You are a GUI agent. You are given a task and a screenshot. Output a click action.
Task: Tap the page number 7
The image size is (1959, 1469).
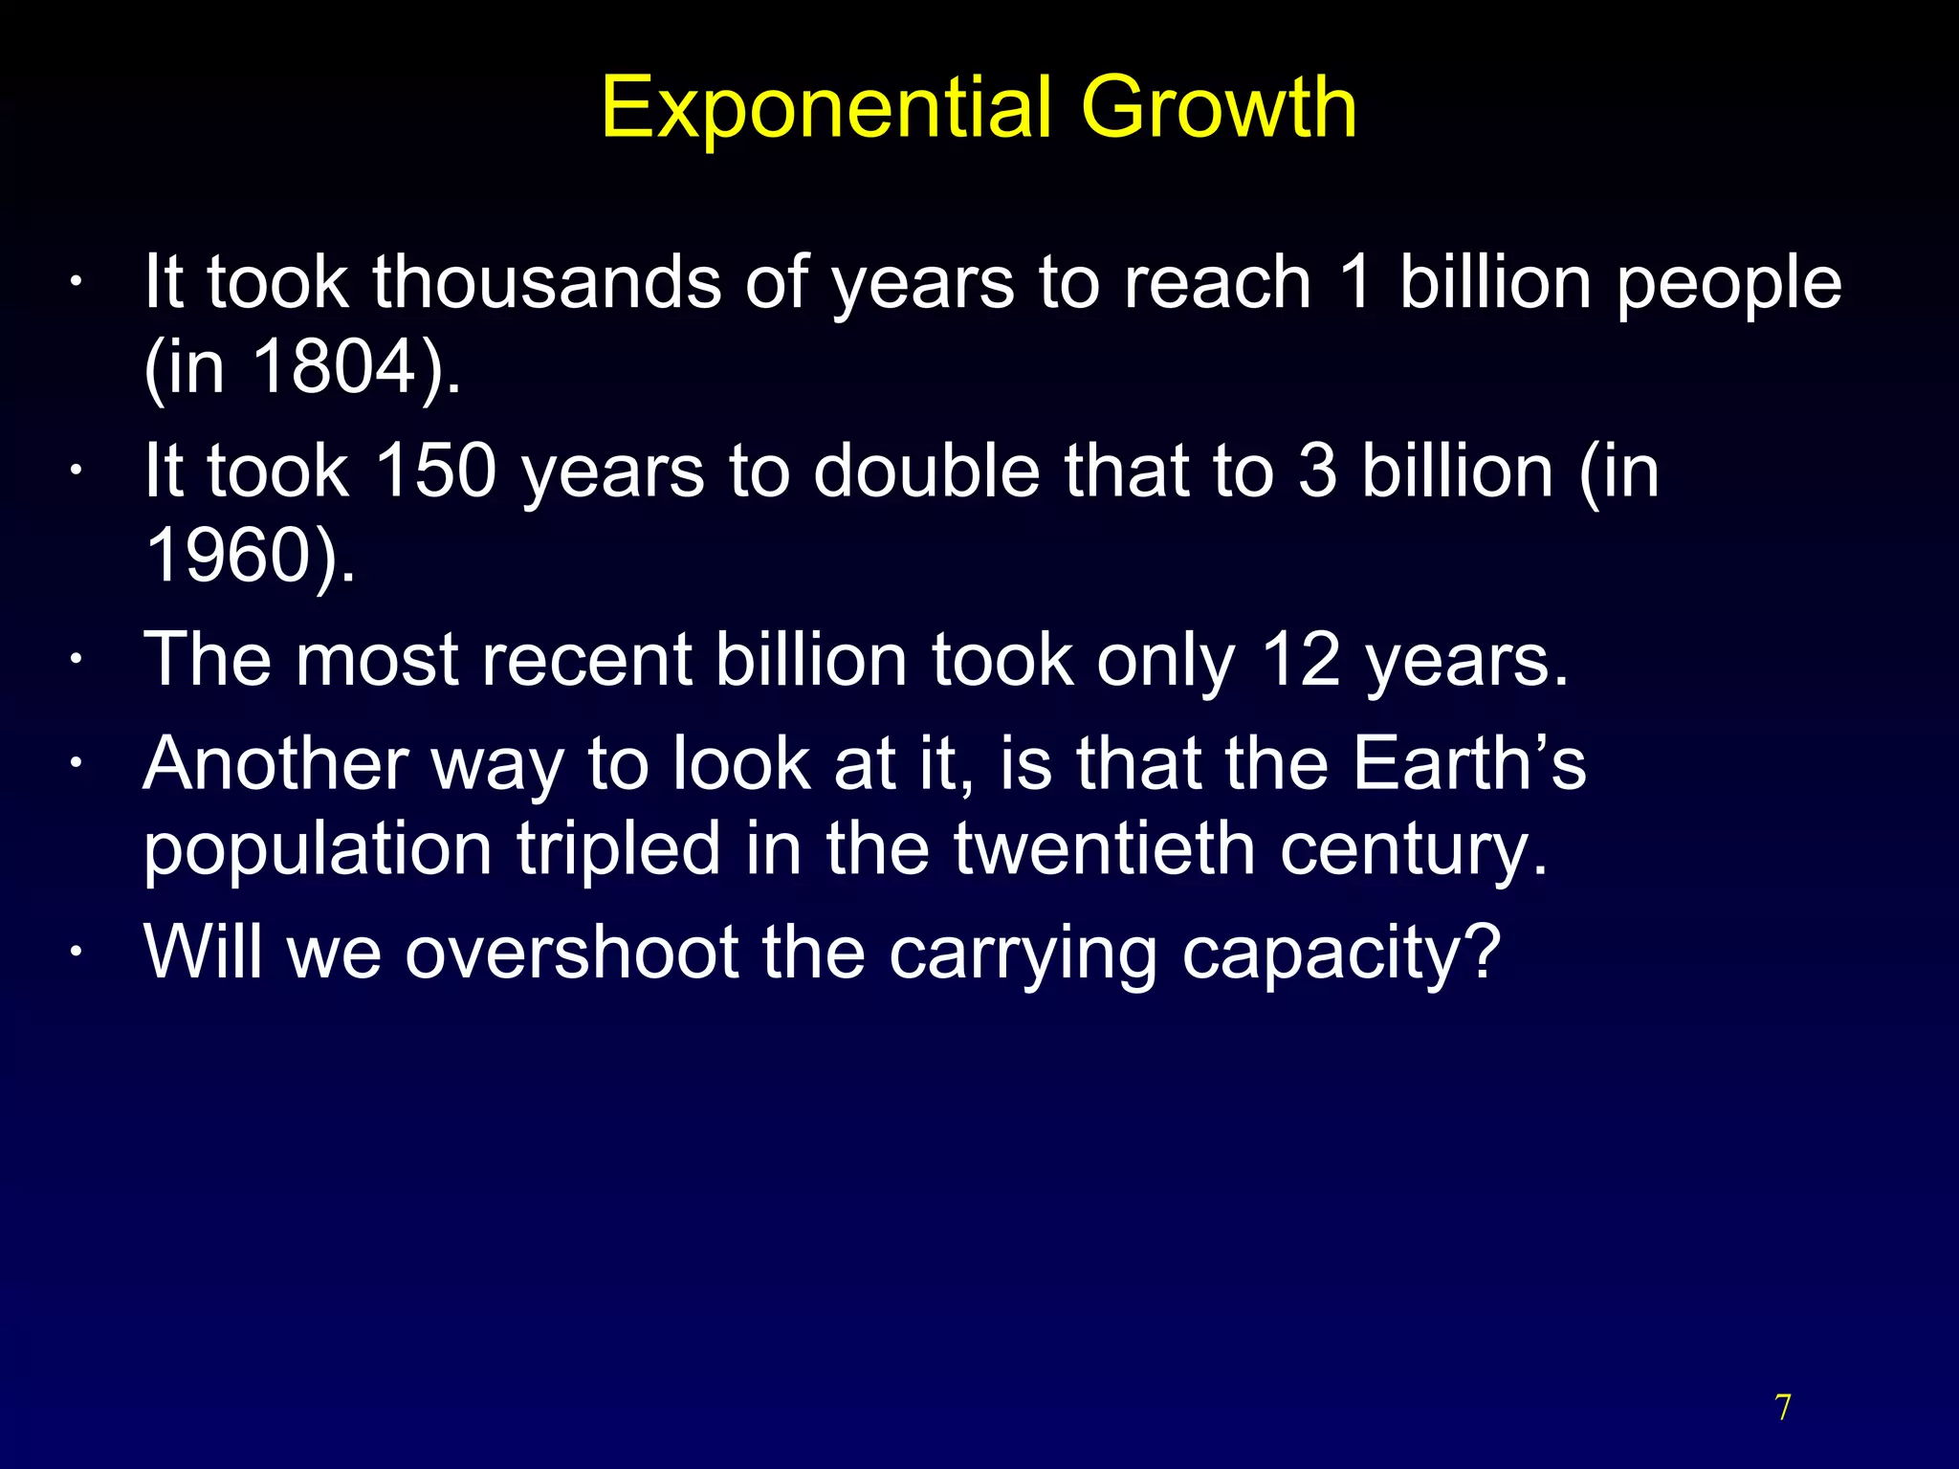(x=1783, y=1408)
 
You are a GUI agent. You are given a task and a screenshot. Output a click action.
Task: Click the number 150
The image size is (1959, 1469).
(x=435, y=471)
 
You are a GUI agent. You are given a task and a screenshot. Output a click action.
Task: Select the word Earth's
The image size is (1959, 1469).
(x=1469, y=763)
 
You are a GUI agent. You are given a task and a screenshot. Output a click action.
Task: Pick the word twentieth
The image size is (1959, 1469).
(x=1104, y=848)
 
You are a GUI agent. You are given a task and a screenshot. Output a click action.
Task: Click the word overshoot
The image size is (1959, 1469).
(x=571, y=953)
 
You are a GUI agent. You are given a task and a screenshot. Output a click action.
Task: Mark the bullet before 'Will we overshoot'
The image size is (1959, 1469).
(x=76, y=954)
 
